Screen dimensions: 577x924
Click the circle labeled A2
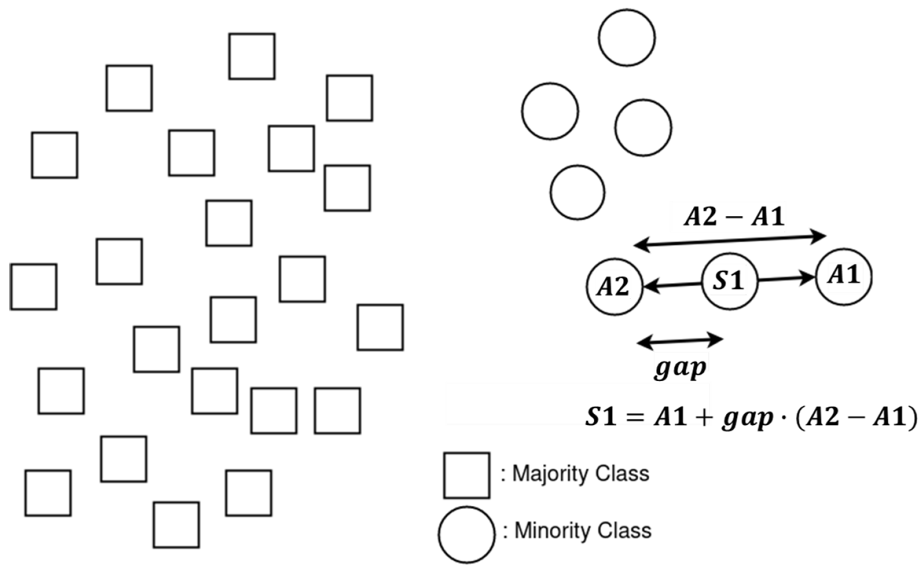(x=614, y=287)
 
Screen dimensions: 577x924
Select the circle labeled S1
(x=729, y=281)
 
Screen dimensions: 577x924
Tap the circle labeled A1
(x=844, y=276)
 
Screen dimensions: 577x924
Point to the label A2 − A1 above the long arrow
(x=734, y=217)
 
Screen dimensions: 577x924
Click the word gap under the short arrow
(x=680, y=368)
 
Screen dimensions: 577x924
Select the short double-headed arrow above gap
(x=680, y=340)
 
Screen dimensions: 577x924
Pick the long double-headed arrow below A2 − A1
(x=730, y=240)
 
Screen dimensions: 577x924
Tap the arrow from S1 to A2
(x=672, y=284)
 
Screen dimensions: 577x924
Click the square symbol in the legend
(x=467, y=475)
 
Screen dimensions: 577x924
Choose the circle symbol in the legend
(x=467, y=534)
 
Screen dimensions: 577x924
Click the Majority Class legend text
(x=580, y=473)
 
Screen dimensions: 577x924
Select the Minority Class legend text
(x=582, y=530)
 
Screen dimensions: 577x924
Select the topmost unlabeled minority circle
(x=627, y=37)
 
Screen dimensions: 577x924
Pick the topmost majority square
(x=252, y=56)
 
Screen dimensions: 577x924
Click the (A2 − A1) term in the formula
(x=857, y=418)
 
